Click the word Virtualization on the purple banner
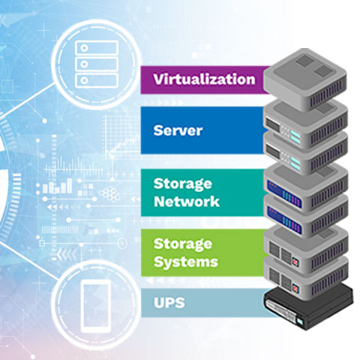click(x=204, y=79)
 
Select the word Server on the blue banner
click(x=178, y=130)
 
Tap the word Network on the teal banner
click(x=187, y=202)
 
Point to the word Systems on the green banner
click(x=186, y=262)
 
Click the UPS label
click(x=169, y=302)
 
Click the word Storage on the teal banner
click(x=183, y=184)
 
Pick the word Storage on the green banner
click(x=183, y=244)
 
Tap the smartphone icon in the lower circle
click(x=96, y=306)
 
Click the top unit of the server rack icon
click(x=97, y=48)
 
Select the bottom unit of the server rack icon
click(x=97, y=80)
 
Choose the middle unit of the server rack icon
click(x=97, y=64)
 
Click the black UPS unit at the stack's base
click(x=309, y=306)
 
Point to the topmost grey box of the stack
click(x=305, y=79)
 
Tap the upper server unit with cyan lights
click(x=306, y=124)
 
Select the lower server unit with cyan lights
click(x=306, y=156)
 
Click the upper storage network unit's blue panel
click(x=284, y=193)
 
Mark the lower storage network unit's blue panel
click(x=284, y=220)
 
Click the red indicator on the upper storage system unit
click(x=295, y=262)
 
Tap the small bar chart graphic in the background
click(x=58, y=186)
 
